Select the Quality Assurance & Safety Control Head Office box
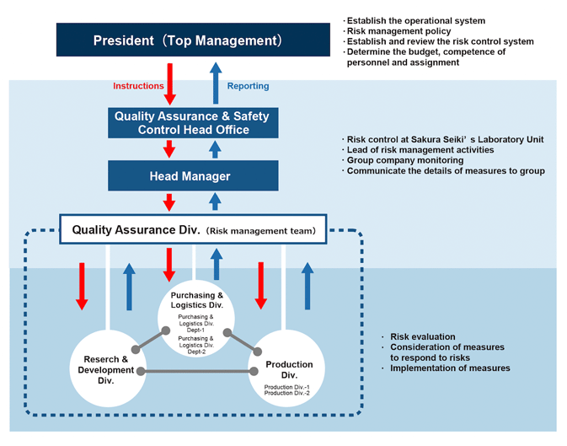coord(191,123)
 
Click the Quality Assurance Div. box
coord(193,228)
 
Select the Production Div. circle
coord(288,370)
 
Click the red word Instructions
coord(139,86)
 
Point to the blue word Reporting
coord(249,86)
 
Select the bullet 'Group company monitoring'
coord(404,160)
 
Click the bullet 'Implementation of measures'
coord(450,368)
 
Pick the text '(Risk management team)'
coord(265,229)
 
